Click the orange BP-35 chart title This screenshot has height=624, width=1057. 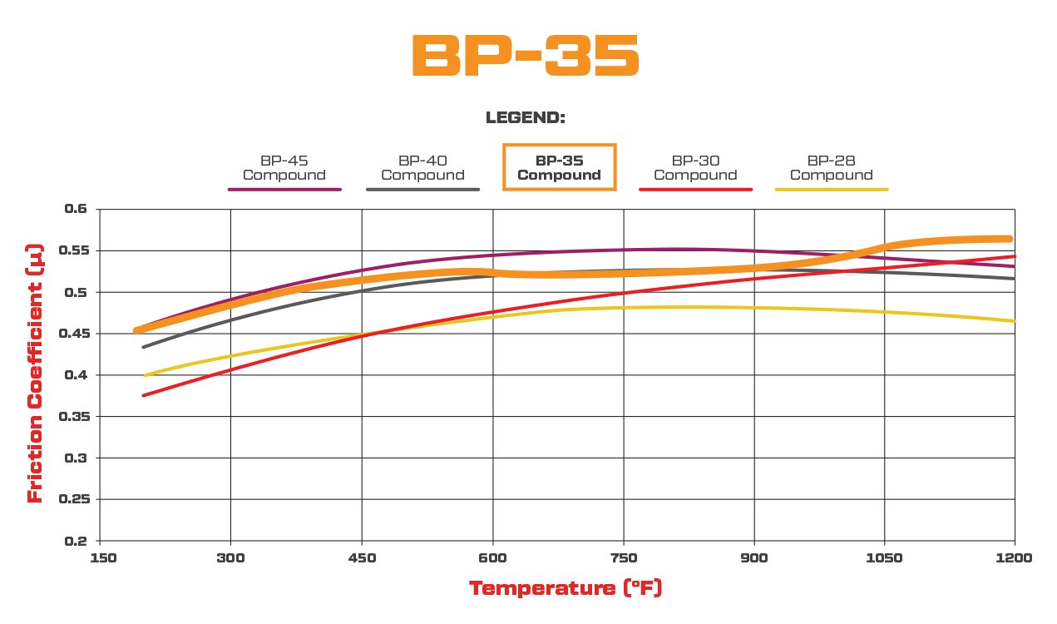click(526, 57)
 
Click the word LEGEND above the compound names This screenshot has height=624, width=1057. click(526, 118)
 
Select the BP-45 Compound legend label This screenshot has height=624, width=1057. click(284, 168)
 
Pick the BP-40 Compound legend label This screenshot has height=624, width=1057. click(422, 168)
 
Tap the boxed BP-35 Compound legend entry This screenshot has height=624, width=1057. click(559, 168)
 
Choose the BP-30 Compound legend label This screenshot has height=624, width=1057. click(695, 168)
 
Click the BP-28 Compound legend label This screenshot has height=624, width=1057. click(832, 168)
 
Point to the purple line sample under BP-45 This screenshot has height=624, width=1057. click(284, 190)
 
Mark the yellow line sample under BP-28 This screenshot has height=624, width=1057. click(832, 190)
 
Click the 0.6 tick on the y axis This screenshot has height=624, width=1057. click(76, 209)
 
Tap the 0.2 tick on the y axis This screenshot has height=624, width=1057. click(76, 541)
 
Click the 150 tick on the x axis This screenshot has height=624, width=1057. click(101, 558)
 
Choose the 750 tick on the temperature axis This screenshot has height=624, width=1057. click(624, 558)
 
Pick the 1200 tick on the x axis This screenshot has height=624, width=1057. click(1015, 558)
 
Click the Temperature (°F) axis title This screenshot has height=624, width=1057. click(566, 589)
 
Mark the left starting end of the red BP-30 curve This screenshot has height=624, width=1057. click(144, 395)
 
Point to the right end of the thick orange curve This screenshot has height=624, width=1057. click(1009, 239)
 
